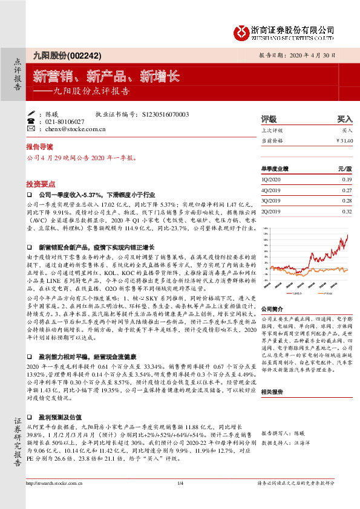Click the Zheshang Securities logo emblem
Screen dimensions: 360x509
click(x=241, y=30)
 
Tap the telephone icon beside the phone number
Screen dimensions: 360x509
click(x=31, y=122)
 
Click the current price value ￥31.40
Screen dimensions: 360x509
click(x=344, y=140)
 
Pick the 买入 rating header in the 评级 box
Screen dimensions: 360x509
click(x=344, y=119)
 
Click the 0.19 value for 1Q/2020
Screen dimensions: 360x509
click(x=347, y=180)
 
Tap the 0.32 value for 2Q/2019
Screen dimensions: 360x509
click(x=347, y=212)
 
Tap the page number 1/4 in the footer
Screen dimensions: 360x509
click(x=180, y=500)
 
